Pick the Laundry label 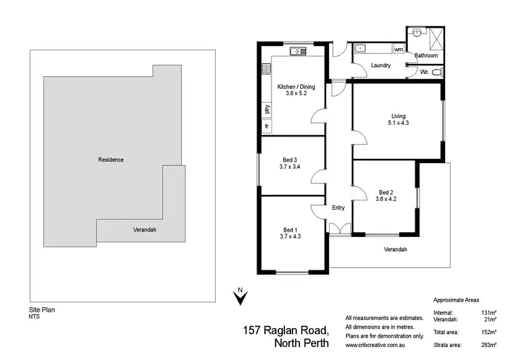point(380,65)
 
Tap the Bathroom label point(426,56)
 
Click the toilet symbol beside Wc point(436,71)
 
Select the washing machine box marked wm point(398,50)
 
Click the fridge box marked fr point(267,126)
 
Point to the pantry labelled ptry point(267,108)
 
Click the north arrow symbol point(239,296)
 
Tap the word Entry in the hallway point(339,208)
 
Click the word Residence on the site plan point(111,160)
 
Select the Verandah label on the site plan point(144,230)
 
